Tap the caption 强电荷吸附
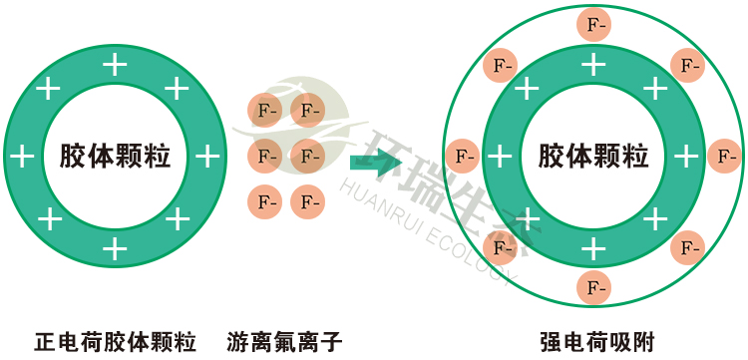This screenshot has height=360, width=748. [x=595, y=340]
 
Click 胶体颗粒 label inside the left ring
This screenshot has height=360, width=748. [x=115, y=157]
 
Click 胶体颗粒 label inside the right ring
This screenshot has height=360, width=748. [x=594, y=157]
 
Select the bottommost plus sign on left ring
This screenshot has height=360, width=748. [x=116, y=247]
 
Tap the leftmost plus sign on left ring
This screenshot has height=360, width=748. [x=22, y=157]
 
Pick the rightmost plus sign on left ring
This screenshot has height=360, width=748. [x=206, y=157]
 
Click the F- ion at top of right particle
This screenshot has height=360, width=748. [x=595, y=24]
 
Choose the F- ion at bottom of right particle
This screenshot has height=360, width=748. [x=595, y=287]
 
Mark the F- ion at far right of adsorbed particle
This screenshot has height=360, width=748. [x=725, y=157]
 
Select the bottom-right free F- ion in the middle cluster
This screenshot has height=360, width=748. [x=308, y=202]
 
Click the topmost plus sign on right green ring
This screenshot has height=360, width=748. [x=595, y=67]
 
